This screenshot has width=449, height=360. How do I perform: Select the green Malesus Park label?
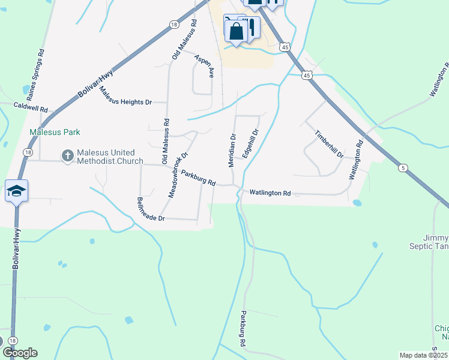55,132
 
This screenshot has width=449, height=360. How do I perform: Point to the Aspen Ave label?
204,64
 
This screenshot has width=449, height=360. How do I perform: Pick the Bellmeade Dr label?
151,209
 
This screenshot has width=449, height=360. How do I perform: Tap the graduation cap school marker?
17,191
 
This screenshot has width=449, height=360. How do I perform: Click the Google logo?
20,353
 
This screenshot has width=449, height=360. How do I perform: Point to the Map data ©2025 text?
424,355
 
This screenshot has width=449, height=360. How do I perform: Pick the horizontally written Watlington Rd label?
270,193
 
